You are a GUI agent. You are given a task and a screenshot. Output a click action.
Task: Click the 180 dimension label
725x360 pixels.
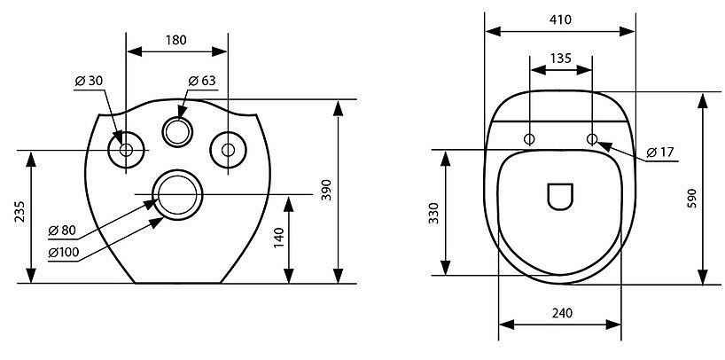click(x=176, y=40)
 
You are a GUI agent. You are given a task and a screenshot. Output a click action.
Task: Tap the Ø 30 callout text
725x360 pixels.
click(x=89, y=81)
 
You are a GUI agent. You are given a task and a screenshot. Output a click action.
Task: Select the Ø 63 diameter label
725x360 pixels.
click(x=202, y=81)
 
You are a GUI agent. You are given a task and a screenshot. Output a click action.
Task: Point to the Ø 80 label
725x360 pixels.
click(x=62, y=231)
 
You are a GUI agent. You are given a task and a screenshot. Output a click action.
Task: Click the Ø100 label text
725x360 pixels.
click(x=63, y=253)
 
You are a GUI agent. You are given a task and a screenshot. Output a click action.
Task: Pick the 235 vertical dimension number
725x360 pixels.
click(x=20, y=211)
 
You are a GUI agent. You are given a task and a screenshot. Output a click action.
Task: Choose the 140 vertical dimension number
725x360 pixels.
click(x=278, y=238)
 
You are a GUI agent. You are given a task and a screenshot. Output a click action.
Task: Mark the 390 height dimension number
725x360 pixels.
click(x=326, y=190)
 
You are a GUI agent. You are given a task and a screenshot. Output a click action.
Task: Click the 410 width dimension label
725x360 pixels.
click(x=561, y=20)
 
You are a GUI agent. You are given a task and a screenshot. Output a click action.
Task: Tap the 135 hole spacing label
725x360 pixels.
click(x=561, y=59)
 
